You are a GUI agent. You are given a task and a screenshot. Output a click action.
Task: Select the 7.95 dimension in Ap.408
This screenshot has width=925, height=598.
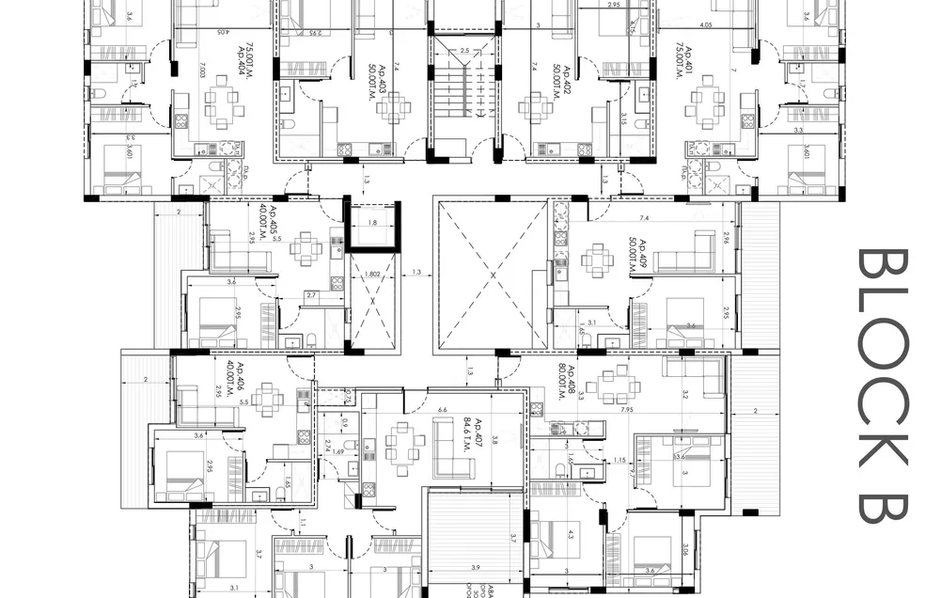tap(626, 409)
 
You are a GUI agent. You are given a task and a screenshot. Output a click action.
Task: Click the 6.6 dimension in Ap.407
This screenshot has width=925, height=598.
tap(443, 410)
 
